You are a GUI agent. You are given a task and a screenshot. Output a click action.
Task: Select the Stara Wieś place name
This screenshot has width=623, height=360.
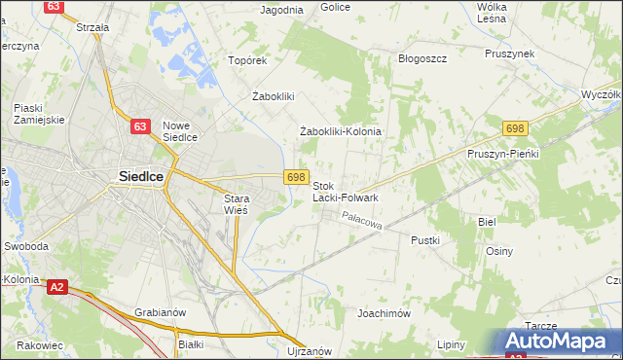click(231, 203)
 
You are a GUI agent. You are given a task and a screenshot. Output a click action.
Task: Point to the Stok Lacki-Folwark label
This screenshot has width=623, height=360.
click(345, 191)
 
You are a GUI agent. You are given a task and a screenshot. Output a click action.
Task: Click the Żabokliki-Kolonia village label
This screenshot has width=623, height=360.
click(340, 131)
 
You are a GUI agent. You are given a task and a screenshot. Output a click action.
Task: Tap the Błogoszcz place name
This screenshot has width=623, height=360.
click(422, 58)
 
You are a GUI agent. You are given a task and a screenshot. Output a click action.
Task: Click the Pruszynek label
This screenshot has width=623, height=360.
click(513, 54)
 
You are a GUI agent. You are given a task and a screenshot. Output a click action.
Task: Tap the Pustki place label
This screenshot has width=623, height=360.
click(425, 239)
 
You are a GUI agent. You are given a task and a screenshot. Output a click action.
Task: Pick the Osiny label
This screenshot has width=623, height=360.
click(499, 251)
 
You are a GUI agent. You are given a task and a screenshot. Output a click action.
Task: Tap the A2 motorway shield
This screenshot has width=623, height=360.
click(57, 286)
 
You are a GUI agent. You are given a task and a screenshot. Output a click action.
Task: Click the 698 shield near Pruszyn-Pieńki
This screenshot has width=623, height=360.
click(516, 128)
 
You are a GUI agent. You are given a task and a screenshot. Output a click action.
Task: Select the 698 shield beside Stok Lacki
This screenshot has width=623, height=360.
click(297, 176)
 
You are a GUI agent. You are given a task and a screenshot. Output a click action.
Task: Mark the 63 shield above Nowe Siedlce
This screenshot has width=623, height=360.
click(141, 126)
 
